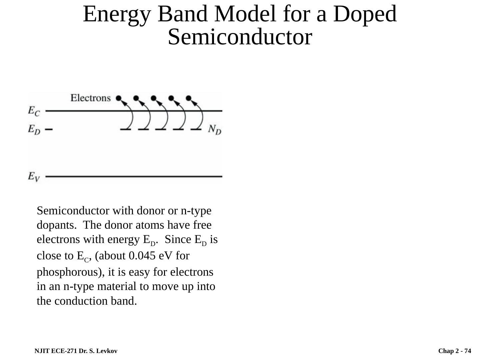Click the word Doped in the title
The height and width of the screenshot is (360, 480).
(x=365, y=14)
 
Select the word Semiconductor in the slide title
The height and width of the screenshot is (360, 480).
(x=240, y=37)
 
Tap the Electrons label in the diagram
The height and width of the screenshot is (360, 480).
(x=90, y=98)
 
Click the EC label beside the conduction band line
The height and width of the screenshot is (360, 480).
(x=33, y=111)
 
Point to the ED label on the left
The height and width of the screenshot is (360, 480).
(x=34, y=129)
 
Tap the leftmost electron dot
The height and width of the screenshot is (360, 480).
(x=119, y=98)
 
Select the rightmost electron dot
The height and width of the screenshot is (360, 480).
(x=189, y=98)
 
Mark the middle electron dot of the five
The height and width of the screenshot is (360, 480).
(x=154, y=98)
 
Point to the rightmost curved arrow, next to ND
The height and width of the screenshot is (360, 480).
(x=199, y=115)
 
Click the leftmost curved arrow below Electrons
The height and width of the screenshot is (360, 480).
(x=129, y=115)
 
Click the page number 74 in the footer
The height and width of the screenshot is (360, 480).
(x=468, y=351)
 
